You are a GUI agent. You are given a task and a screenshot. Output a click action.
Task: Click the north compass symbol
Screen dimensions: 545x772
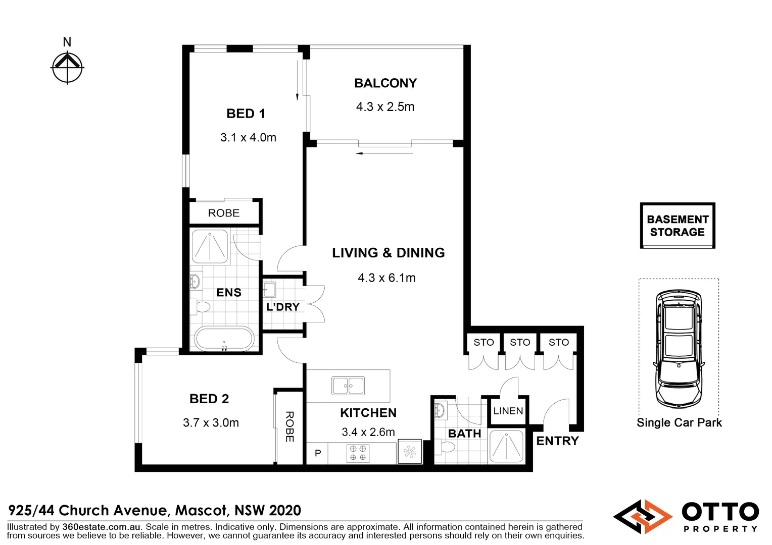tap(67, 66)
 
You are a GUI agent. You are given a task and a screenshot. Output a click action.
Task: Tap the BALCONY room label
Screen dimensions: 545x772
tap(385, 83)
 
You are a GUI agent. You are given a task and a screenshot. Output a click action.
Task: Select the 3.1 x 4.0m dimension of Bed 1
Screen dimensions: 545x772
tap(248, 137)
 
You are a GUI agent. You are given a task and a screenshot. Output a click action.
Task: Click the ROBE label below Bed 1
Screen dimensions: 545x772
tap(224, 213)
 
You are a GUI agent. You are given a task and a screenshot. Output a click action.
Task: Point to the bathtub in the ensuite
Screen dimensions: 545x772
tap(224, 339)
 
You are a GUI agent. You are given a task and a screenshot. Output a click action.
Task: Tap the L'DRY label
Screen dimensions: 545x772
tap(283, 307)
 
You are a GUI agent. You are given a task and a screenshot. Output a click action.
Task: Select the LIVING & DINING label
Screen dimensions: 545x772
tap(388, 253)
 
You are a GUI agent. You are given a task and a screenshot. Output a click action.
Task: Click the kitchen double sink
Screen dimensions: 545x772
tap(348, 386)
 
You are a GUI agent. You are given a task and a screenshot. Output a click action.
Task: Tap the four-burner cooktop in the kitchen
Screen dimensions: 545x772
tap(358, 453)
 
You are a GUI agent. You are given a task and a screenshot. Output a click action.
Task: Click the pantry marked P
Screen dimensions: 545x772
tap(318, 453)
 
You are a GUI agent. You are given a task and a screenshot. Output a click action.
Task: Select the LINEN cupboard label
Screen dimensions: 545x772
tap(508, 411)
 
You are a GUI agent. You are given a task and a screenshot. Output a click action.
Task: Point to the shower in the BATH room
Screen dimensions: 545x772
tap(506, 446)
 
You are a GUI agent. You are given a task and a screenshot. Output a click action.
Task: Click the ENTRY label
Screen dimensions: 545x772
tap(557, 441)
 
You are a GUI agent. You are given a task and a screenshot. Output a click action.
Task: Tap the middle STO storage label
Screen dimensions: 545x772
tap(520, 342)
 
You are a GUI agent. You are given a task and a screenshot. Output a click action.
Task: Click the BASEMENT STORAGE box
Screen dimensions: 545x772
tap(678, 226)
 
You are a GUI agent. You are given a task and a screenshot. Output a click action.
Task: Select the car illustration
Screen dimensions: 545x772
tap(679, 349)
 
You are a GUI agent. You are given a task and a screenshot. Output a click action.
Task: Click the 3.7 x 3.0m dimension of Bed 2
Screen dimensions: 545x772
tap(211, 423)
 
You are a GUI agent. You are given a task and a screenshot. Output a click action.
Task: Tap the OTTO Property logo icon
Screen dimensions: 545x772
tap(643, 517)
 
